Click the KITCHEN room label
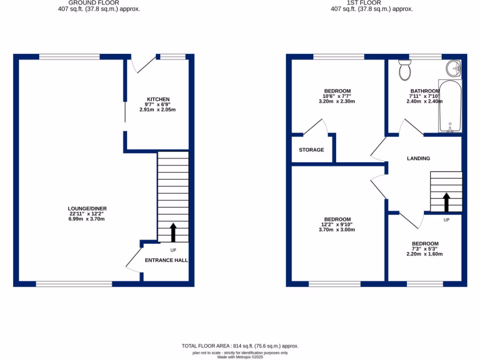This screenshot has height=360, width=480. click(x=158, y=99)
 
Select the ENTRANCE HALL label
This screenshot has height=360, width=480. click(x=166, y=260)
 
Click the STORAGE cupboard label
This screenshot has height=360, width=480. click(x=311, y=150)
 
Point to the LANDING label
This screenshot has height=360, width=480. click(x=418, y=158)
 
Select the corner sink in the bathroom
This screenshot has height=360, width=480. click(x=454, y=68)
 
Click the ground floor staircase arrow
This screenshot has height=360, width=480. click(x=172, y=232)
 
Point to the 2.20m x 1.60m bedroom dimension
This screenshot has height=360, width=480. click(x=425, y=254)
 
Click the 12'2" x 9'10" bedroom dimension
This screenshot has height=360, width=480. click(x=337, y=225)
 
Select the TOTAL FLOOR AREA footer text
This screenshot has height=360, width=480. click(x=240, y=346)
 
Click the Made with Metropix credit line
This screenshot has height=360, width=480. click(x=240, y=357)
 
